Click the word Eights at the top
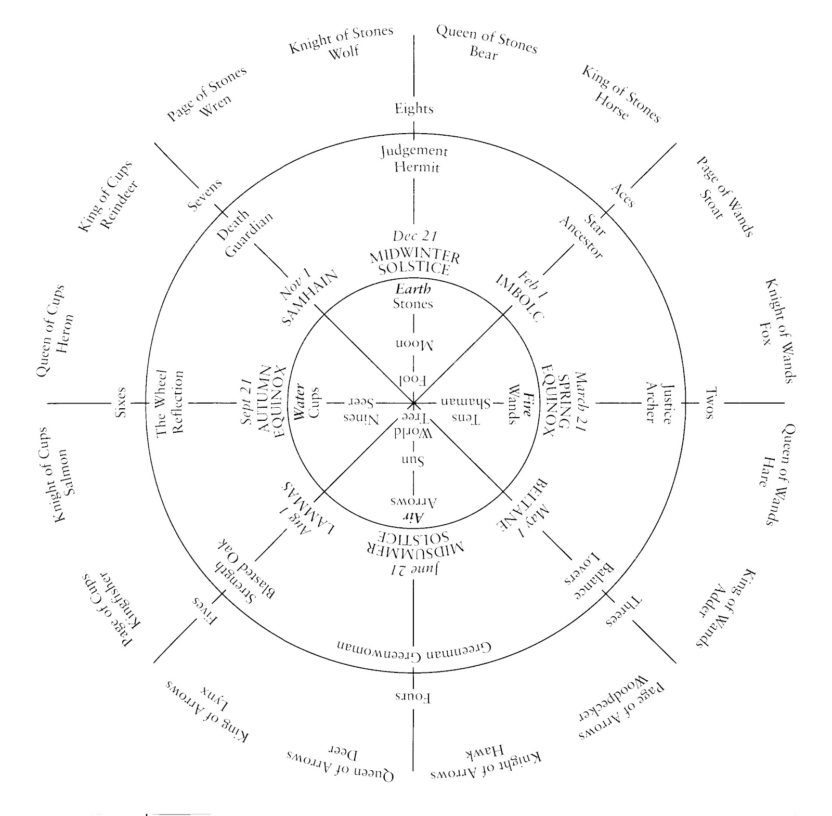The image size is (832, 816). tap(414, 109)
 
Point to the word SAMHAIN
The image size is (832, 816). tap(311, 297)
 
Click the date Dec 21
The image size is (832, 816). tap(414, 236)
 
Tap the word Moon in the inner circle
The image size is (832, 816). tap(413, 344)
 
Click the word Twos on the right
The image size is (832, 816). tap(710, 403)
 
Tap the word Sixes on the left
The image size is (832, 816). tap(121, 403)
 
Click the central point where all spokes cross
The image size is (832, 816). tap(413, 403)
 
